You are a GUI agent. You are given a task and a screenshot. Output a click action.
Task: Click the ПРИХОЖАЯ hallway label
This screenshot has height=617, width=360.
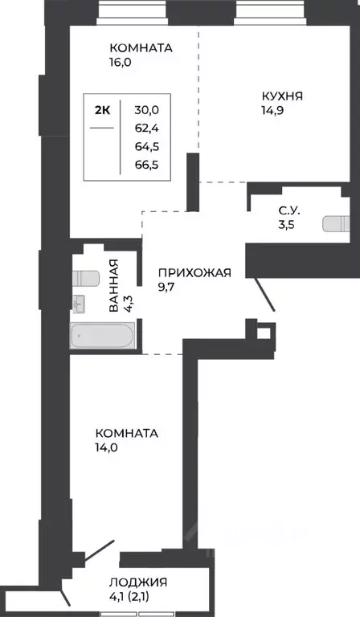pos(194,272)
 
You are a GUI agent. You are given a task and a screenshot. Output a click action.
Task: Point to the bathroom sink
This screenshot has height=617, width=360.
pos(78,302)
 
